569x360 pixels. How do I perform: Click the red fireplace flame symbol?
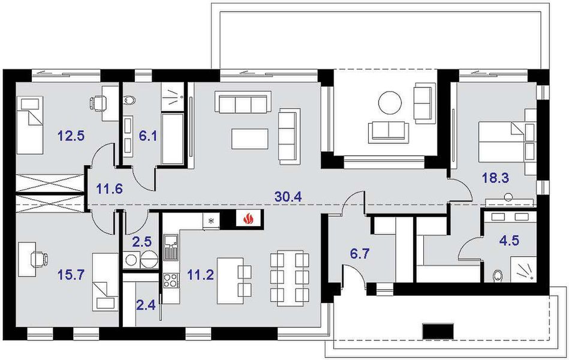(248, 218)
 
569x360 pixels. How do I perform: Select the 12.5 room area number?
(71, 136)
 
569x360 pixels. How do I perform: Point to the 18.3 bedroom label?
(495, 178)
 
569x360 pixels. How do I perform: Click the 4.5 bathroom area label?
(509, 241)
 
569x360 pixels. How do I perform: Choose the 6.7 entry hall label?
(359, 254)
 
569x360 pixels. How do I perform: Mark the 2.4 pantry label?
(146, 305)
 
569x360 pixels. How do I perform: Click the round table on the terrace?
(390, 103)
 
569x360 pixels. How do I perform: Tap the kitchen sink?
(170, 247)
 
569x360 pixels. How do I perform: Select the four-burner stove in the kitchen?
(170, 280)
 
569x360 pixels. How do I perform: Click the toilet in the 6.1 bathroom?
(129, 99)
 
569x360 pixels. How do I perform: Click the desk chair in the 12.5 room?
(97, 103)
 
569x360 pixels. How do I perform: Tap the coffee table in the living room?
(249, 139)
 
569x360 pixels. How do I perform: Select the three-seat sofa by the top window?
(243, 103)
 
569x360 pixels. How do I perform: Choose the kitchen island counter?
(230, 280)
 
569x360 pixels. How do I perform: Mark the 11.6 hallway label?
(110, 189)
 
